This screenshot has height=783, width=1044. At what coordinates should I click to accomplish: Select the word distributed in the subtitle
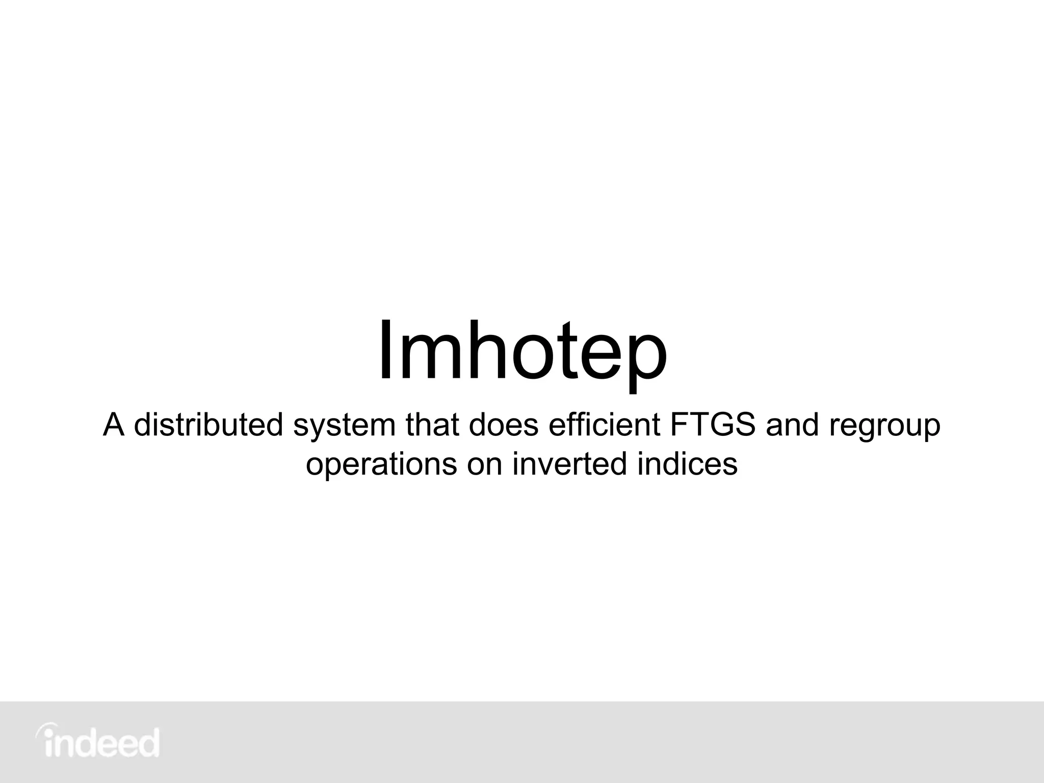pos(208,425)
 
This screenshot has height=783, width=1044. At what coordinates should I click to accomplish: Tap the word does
pos(503,425)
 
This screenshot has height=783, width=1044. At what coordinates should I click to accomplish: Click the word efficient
pos(604,425)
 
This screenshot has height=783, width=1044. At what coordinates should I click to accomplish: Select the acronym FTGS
pos(712,425)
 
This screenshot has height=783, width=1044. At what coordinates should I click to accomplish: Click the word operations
pos(381,465)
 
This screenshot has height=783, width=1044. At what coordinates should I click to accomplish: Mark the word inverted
pos(569,464)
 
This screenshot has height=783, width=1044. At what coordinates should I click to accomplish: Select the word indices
pos(687,464)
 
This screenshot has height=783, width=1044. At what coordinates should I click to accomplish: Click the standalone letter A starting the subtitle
pos(114,425)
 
